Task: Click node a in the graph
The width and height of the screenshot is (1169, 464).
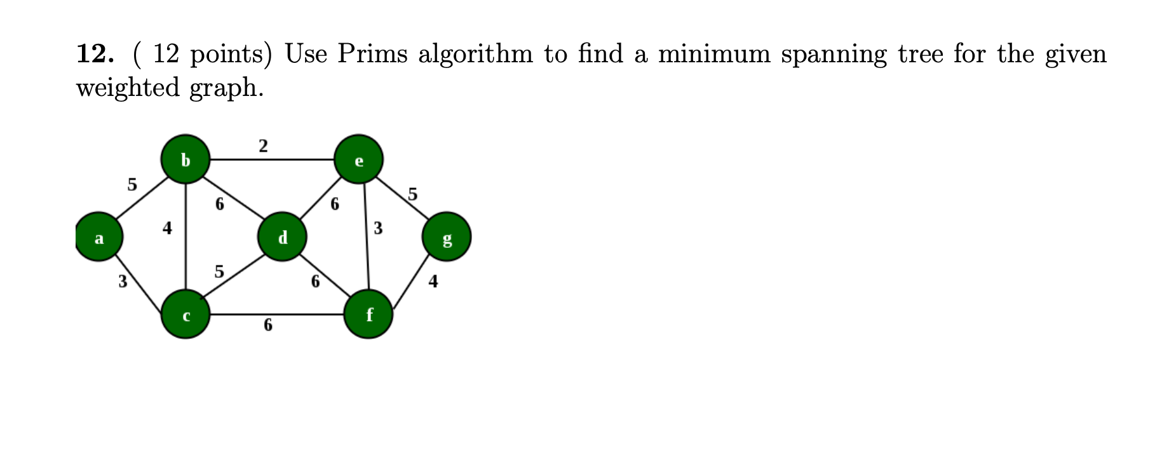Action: coord(98,237)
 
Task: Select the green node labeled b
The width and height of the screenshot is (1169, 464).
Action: coord(185,159)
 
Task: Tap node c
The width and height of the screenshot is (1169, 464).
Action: coord(186,315)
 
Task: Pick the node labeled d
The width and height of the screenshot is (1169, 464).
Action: coord(283,237)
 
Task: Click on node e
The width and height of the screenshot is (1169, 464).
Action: coord(359,159)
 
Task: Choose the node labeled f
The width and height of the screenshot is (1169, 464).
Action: coord(368,314)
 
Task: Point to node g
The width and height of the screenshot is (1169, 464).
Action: coord(447,237)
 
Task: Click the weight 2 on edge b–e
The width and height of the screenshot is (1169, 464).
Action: coord(264,146)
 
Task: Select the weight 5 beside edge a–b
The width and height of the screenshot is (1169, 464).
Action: coord(132,184)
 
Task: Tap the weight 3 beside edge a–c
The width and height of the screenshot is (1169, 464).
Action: coord(123,281)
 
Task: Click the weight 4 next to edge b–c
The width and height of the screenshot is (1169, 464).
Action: coord(167,228)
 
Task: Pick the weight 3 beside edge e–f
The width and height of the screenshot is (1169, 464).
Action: coord(378,228)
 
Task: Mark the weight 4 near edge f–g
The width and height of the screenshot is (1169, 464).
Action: coord(433,281)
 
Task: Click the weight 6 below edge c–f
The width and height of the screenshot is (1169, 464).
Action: coord(268,325)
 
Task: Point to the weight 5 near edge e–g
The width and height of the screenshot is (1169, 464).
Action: coord(413,194)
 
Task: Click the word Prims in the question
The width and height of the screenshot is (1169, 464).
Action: coord(372,54)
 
